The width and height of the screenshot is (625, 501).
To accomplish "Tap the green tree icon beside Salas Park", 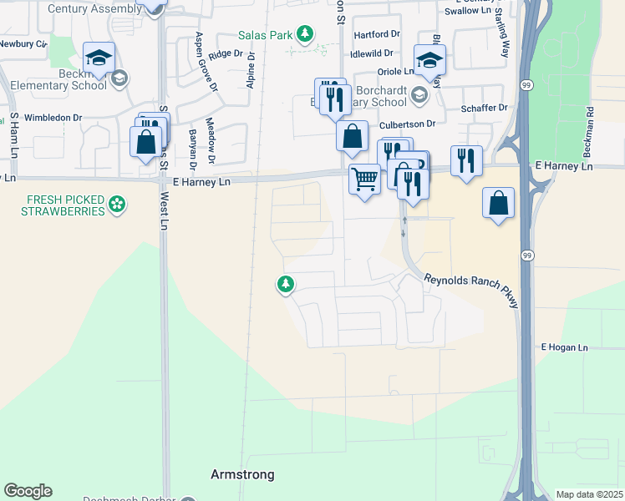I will (x=307, y=33).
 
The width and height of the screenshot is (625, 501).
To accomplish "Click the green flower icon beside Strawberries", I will (x=118, y=201).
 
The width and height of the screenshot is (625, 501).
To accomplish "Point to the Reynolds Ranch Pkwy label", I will (x=471, y=291).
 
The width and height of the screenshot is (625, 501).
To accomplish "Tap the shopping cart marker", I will (x=364, y=179).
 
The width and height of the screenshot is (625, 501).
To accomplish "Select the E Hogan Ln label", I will (x=565, y=347).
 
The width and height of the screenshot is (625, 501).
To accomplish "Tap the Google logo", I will (x=28, y=491).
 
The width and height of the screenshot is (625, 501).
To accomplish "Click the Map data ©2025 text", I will (x=588, y=494).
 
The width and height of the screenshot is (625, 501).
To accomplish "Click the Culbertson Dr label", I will (x=409, y=124).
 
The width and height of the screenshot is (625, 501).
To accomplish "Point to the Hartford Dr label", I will (x=377, y=34).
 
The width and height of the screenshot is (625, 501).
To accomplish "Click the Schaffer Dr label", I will (x=485, y=108).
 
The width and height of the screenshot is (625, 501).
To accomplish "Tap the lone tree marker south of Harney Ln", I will (x=286, y=285).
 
